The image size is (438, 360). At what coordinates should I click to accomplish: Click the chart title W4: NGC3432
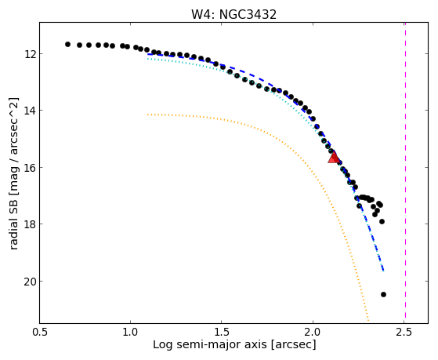click(233, 14)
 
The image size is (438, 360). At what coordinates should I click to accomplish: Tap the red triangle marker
click(334, 157)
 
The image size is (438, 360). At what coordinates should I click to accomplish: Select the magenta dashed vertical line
click(405, 173)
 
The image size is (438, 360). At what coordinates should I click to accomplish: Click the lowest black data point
click(383, 294)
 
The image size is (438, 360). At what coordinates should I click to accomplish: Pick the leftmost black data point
click(67, 44)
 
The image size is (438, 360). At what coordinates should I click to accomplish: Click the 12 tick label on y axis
click(29, 53)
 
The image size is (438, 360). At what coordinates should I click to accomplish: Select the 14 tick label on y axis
click(29, 111)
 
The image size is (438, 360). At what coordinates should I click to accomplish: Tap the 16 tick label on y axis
click(29, 168)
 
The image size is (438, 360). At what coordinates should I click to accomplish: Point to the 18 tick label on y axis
click(29, 224)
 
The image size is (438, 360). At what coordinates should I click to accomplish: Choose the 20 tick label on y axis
click(29, 281)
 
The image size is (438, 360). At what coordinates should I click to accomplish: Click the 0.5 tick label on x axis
click(39, 332)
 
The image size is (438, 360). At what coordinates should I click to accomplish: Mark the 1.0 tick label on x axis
click(130, 332)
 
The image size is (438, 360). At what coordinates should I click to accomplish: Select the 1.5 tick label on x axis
click(222, 332)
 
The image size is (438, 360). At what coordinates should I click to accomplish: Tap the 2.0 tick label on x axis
click(313, 332)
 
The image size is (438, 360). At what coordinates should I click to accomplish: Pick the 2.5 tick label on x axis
click(404, 332)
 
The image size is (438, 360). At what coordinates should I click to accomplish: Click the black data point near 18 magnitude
click(382, 221)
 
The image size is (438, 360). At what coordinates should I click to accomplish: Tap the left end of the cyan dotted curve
click(148, 59)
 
